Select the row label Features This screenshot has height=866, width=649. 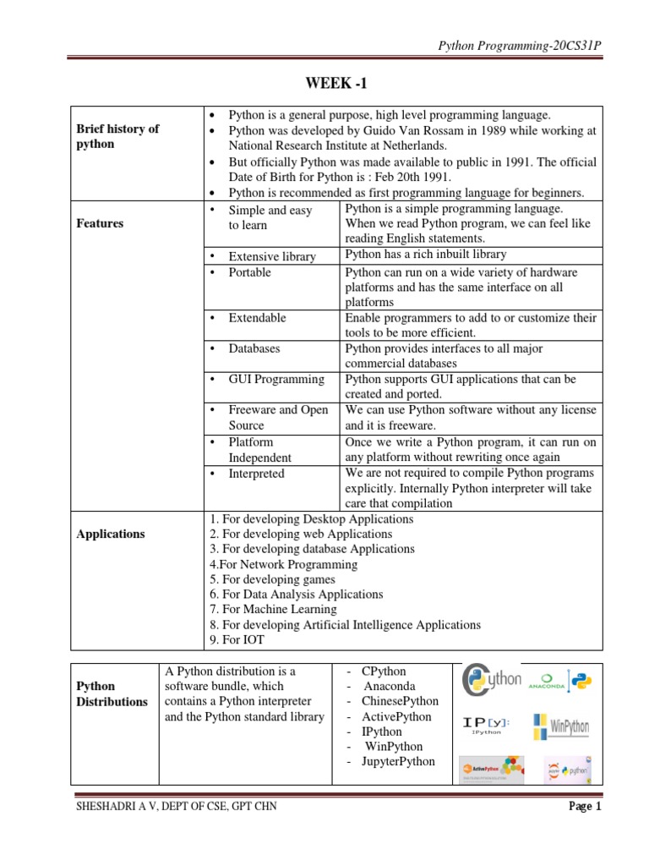100,223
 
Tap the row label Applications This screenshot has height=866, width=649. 111,534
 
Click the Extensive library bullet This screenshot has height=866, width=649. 271,256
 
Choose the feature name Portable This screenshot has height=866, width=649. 249,272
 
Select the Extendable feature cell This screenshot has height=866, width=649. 257,318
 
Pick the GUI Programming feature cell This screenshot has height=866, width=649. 275,379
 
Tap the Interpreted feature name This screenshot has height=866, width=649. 256,474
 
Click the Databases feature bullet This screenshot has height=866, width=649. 254,348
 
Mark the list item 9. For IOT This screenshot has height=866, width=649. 232,640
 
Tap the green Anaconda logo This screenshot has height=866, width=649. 547,682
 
